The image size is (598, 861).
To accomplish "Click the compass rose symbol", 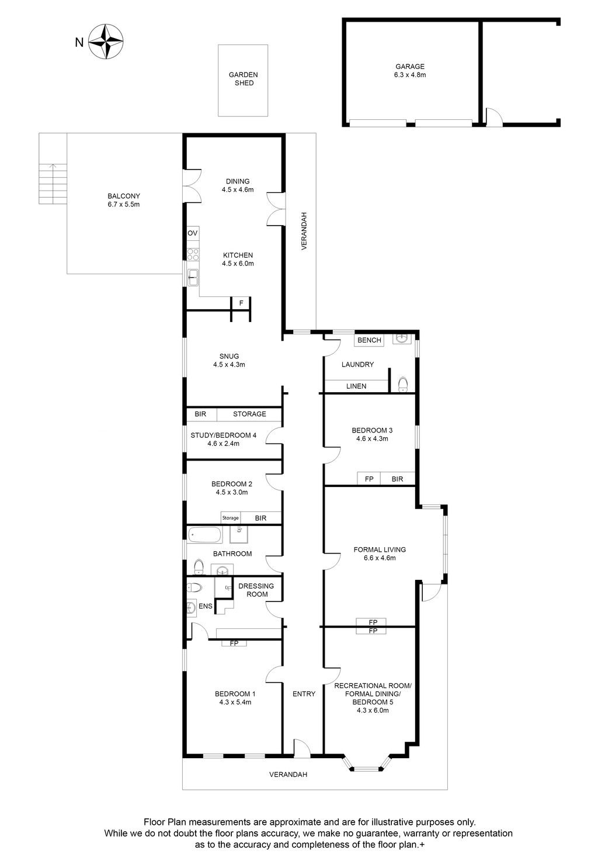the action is (x=106, y=42).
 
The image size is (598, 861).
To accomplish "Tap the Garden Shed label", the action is (x=244, y=79).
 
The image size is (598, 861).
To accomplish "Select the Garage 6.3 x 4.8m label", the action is (x=410, y=71).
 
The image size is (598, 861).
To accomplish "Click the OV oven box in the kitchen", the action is (x=193, y=233).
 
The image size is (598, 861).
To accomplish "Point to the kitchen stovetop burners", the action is (x=193, y=254).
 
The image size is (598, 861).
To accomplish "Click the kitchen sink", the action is (x=193, y=277).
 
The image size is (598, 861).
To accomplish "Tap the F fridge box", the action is (x=241, y=303).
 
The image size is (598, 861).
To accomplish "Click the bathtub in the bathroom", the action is (x=205, y=535).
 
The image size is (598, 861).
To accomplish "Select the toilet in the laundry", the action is (x=402, y=384).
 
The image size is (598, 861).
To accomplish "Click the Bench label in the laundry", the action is (x=369, y=340).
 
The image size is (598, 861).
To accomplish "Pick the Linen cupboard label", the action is (x=356, y=386).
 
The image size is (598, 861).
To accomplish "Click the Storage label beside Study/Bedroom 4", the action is (x=249, y=414).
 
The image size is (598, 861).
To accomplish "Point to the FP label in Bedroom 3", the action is (x=369, y=479).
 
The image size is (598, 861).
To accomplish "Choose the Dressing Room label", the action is (x=256, y=590).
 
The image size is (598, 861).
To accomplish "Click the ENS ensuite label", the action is (x=206, y=606).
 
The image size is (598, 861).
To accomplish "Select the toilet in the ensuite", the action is (x=194, y=587).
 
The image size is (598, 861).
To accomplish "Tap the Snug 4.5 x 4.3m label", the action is (x=229, y=361).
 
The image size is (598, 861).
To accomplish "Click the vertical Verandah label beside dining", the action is (x=304, y=231).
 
